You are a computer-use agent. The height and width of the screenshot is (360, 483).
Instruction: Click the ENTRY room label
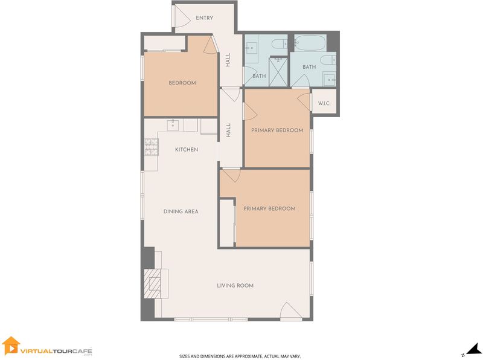tap(205, 18)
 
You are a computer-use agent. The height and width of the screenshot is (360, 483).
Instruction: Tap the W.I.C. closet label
tap(324, 103)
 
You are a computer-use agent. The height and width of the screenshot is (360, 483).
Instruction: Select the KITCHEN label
tap(187, 149)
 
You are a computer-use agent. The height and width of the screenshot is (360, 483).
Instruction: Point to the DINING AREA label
tap(181, 211)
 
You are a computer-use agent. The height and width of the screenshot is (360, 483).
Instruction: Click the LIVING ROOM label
tap(235, 286)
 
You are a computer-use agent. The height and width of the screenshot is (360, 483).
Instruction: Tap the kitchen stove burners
tap(152, 147)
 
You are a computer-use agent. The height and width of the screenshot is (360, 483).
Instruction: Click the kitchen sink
tap(173, 125)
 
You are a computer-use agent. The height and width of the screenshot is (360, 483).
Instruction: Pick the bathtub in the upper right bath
tap(310, 42)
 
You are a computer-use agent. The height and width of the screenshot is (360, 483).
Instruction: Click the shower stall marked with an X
tap(278, 72)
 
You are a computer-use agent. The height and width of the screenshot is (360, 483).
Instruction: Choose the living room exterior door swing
tap(291, 310)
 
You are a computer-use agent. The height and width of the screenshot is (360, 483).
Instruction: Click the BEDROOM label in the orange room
tap(182, 83)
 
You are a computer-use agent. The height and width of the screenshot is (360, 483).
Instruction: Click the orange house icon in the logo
tap(11, 346)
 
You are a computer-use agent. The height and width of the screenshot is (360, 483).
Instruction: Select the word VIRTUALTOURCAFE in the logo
tap(56, 351)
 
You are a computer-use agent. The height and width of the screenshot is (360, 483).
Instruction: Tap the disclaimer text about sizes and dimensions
tap(240, 356)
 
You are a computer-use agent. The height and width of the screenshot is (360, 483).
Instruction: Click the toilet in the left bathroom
tap(280, 43)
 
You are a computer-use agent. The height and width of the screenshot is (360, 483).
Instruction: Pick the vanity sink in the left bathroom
tap(252, 47)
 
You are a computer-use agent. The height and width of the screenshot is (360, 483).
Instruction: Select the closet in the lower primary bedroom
tap(227, 223)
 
